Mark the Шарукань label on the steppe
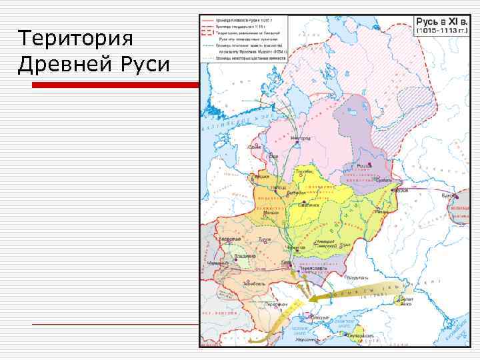click(x=357, y=277)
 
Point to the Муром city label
click(x=399, y=190)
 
